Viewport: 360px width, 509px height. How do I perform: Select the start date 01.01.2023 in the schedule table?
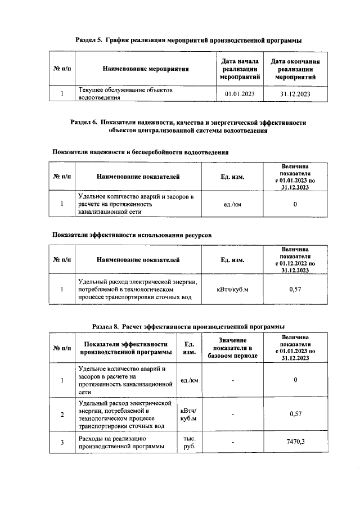(240, 93)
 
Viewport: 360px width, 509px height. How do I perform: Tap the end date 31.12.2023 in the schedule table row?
(295, 93)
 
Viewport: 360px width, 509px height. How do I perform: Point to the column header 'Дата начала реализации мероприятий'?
(240, 69)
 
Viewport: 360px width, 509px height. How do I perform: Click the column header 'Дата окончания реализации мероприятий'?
(295, 69)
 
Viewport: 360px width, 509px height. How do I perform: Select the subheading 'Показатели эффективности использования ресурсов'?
(132, 235)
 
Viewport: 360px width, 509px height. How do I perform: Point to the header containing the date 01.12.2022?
(295, 260)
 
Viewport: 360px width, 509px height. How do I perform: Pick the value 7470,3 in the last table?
(295, 442)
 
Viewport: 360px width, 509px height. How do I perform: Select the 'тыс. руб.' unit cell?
(186, 442)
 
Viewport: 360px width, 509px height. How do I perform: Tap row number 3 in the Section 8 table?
(62, 442)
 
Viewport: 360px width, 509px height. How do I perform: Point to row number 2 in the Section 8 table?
(62, 415)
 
